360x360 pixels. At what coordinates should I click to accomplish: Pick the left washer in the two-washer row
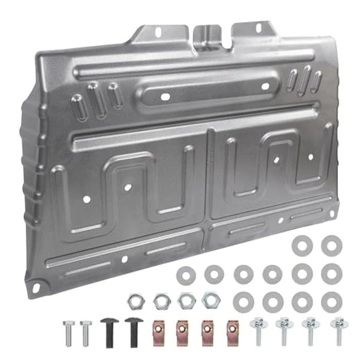tap(302, 245)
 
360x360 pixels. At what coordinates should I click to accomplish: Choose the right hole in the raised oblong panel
tap(266, 86)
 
